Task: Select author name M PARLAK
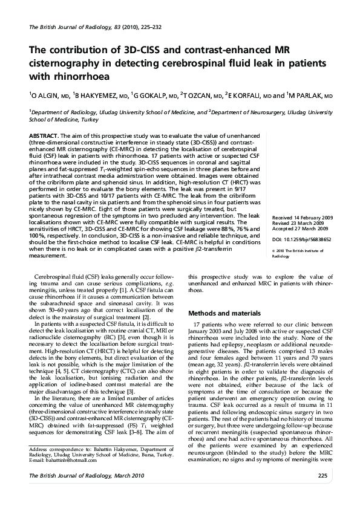point(308,96)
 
